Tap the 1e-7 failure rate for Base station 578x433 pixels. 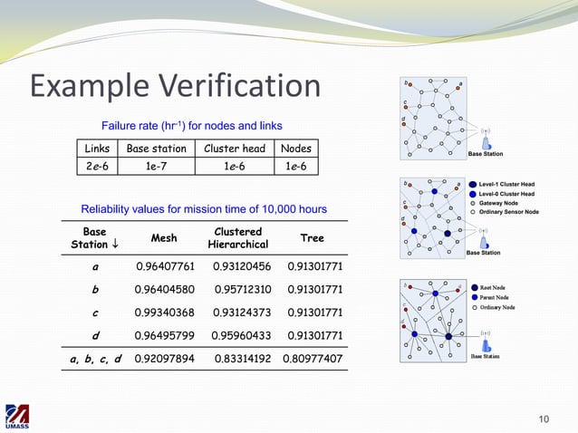(157, 166)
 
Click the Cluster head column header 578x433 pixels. (235, 149)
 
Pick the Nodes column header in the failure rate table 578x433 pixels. (295, 149)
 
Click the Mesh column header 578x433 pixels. (163, 238)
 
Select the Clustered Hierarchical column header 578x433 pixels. (237, 238)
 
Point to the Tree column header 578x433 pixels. (313, 238)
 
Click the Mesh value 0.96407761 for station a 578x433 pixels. (166, 267)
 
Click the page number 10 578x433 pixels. (544, 418)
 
